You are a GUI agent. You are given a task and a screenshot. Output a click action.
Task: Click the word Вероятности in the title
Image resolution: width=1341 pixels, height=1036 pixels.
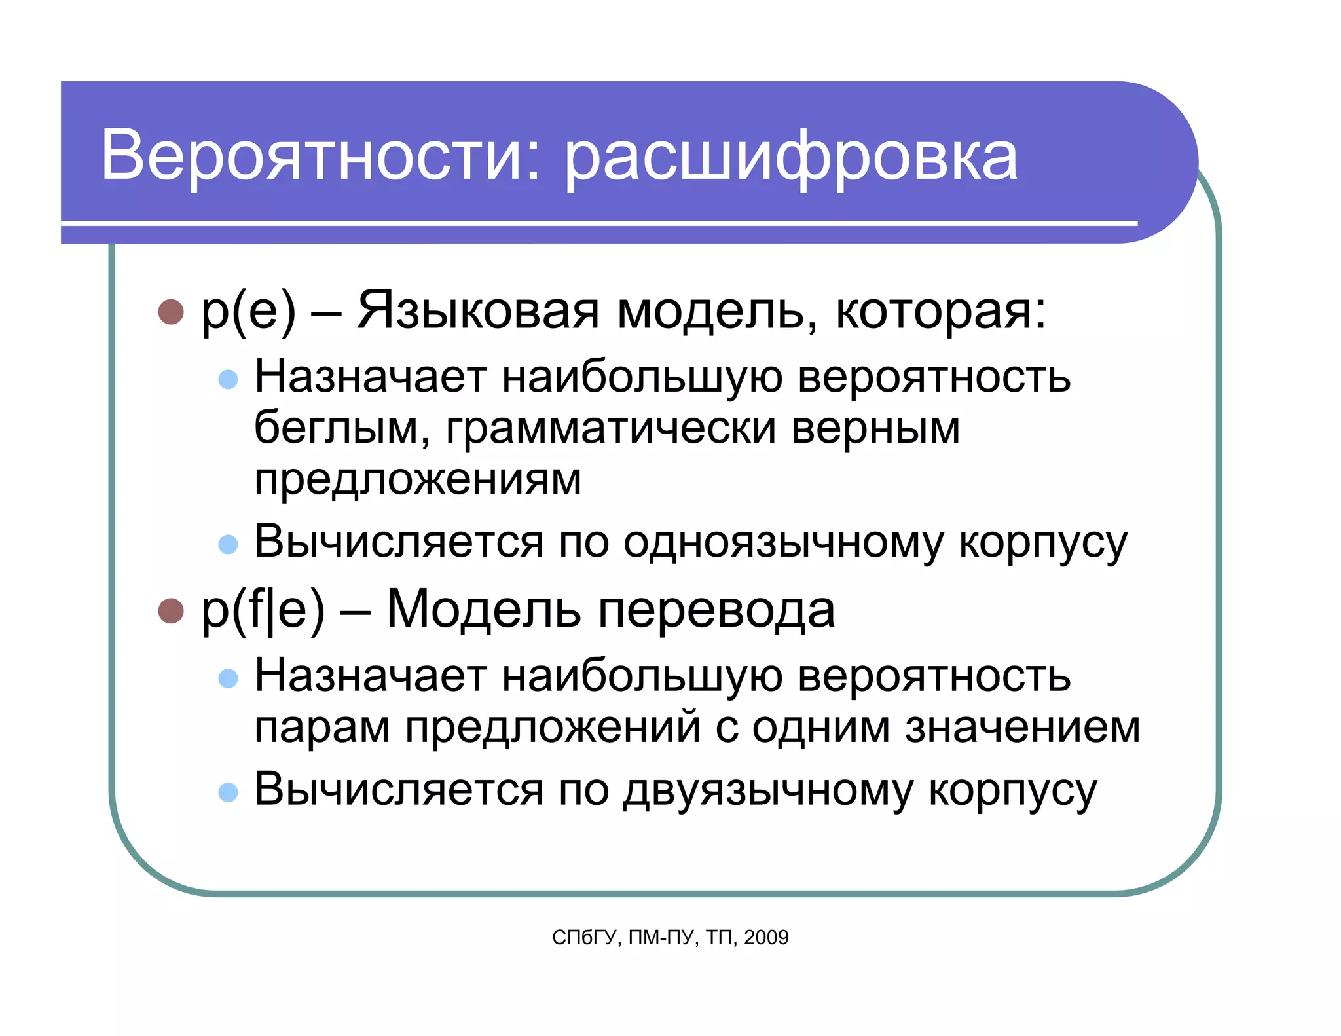pos(321,155)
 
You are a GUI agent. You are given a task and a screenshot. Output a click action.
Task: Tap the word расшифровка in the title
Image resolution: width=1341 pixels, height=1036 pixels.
pos(791,157)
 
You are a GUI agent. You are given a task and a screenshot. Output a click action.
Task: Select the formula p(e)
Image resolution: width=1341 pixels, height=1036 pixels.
pos(248,310)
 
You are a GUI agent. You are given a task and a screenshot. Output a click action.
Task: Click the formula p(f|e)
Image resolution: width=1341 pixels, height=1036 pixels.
pos(263,609)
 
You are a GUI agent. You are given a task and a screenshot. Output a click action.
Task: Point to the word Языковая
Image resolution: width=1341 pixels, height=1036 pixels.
pos(478,310)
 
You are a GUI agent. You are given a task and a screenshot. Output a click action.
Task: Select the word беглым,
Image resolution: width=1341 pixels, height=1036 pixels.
pos(341,428)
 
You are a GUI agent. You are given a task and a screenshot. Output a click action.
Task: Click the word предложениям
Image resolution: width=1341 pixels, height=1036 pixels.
pos(418,479)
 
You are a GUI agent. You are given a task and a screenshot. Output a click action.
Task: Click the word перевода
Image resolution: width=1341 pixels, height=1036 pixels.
pos(716,609)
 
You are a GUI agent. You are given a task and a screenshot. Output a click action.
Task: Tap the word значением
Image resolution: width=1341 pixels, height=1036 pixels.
pos(1022,727)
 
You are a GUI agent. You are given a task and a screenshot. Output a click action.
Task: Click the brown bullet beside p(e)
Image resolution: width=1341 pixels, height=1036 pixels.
pos(171,312)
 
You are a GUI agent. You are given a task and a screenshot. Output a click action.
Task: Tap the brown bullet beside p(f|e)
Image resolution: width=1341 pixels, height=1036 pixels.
pos(171,610)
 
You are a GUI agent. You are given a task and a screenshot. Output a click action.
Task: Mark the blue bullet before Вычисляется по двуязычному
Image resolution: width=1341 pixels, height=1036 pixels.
pos(228,792)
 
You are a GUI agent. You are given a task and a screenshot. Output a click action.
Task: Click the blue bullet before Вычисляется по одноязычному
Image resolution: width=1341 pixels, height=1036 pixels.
pos(228,544)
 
